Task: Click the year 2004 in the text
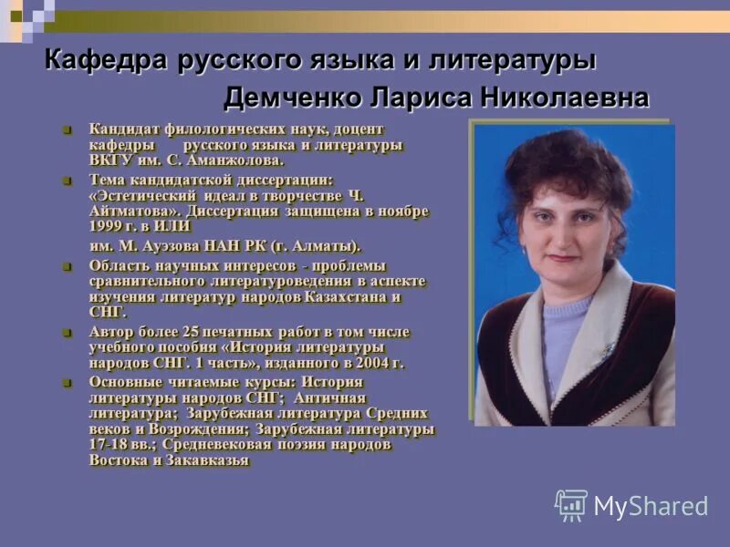coord(365,363)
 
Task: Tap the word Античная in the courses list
coord(332,398)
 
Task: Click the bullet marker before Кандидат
coord(67,129)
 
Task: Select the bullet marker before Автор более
coord(67,332)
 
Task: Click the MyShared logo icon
coord(571,505)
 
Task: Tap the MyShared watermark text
coord(650,507)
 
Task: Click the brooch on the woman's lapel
coord(606,349)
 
